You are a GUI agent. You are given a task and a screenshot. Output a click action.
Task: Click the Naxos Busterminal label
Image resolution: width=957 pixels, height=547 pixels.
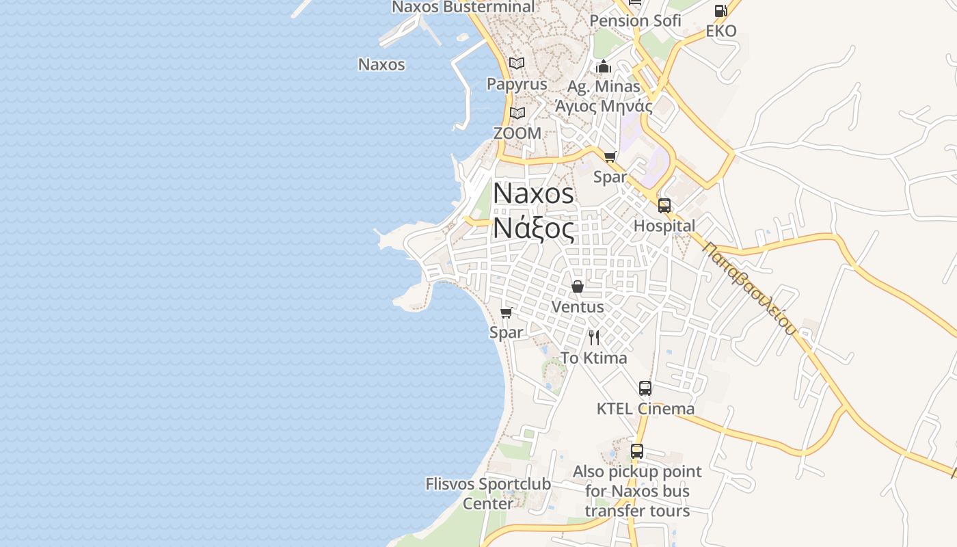coord(463,7)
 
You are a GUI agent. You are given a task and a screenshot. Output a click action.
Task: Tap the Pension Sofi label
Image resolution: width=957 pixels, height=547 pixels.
coord(635,21)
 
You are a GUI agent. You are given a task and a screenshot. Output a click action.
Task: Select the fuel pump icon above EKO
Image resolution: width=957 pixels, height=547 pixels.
coord(720,11)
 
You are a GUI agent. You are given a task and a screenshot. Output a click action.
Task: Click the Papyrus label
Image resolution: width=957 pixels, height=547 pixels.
coord(517,84)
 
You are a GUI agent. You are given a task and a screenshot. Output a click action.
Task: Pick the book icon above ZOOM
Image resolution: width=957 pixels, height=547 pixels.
coord(517,113)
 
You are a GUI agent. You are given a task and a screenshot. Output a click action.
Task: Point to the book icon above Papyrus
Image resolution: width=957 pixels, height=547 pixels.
coord(517,63)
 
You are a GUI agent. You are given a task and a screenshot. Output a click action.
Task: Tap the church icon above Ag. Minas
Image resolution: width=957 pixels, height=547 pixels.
coord(604,66)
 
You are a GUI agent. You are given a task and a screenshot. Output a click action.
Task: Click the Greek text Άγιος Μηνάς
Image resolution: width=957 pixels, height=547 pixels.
coord(604,106)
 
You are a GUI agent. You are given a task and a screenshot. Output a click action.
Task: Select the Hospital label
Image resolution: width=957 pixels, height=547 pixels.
coord(664,226)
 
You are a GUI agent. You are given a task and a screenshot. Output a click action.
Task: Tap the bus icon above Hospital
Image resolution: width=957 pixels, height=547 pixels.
coord(664,205)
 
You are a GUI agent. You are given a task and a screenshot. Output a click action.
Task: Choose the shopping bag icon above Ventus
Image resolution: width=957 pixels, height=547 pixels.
coord(578,286)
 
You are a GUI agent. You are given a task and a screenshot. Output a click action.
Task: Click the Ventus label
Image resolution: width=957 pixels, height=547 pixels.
coord(578,307)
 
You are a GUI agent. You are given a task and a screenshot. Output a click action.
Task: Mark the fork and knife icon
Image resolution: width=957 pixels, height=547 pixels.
coord(594,337)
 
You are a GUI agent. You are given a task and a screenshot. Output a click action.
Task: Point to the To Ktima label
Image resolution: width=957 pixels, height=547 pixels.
coord(593,358)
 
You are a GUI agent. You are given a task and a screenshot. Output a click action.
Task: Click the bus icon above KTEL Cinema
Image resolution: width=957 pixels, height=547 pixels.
coord(645,388)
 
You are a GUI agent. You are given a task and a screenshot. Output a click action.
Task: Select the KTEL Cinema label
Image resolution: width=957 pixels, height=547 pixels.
coord(645,409)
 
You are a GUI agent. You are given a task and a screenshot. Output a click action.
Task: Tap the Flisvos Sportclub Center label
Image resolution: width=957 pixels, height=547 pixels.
coord(488,494)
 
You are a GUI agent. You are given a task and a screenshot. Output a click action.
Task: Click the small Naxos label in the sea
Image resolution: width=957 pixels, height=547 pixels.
coord(381,65)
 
